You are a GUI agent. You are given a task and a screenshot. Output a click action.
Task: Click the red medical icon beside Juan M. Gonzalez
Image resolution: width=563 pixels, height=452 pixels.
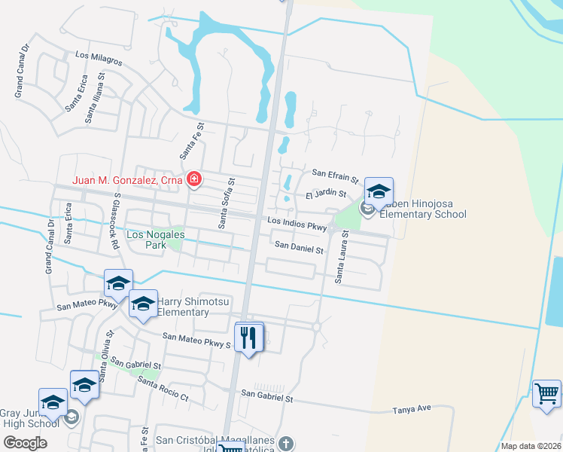(x=194, y=179)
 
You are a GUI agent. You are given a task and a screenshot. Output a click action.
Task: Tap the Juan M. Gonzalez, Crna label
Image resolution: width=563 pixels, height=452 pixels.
(x=128, y=180)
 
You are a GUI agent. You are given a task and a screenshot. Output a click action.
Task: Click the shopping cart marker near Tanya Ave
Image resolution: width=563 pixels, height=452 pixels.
(x=546, y=394)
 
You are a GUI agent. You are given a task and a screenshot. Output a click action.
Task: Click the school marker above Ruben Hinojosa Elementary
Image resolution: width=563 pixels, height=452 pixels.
(x=379, y=191)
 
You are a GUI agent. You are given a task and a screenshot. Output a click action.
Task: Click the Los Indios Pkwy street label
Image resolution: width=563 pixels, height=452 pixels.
(x=297, y=224)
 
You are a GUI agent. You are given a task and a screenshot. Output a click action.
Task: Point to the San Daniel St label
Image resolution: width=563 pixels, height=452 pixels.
(x=299, y=246)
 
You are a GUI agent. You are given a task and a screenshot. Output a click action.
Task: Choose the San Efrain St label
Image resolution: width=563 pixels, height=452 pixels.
(x=335, y=176)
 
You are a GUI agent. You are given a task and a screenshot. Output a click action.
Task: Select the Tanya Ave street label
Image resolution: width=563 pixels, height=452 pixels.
(x=411, y=408)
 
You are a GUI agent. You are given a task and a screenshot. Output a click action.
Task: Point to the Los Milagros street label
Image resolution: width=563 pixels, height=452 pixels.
(x=99, y=57)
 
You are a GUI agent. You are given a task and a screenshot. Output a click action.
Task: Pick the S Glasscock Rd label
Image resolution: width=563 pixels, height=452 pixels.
(x=115, y=221)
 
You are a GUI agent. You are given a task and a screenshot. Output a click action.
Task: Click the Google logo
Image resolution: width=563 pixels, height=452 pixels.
(x=25, y=443)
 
